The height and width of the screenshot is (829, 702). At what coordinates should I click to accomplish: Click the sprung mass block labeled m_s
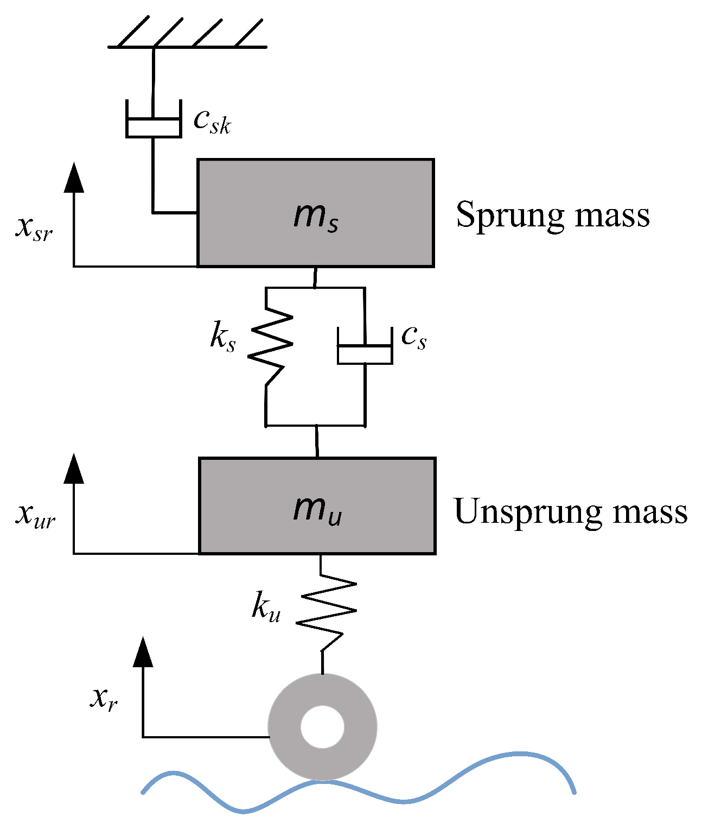[x=315, y=213]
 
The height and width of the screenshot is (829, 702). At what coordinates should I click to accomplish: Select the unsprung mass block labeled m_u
[x=317, y=505]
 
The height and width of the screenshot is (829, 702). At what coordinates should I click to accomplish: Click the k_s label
[x=223, y=338]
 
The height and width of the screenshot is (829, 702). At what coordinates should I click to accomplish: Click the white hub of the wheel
[x=322, y=727]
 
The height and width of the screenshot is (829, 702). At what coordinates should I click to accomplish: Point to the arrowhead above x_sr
[x=74, y=178]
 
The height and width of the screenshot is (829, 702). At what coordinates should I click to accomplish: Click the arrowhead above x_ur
[x=74, y=469]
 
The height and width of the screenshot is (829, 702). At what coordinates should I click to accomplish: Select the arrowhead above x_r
[x=143, y=652]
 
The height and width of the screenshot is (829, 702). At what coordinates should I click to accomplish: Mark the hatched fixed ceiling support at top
[x=188, y=35]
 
